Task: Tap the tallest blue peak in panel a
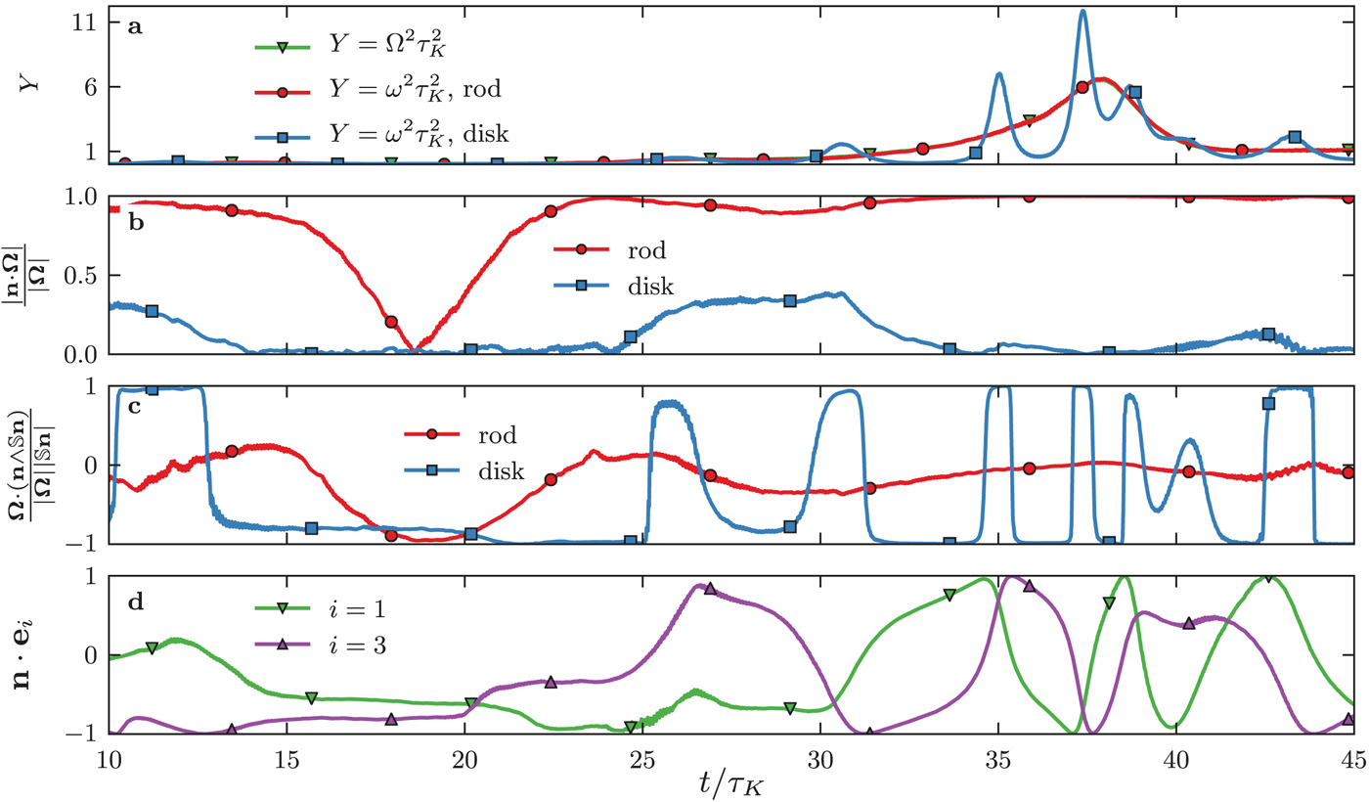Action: pyautogui.click(x=1082, y=12)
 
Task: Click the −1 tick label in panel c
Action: pyautogui.click(x=76, y=544)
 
